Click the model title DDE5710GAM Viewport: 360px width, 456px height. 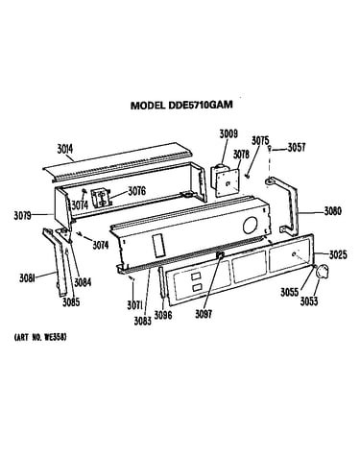click(181, 105)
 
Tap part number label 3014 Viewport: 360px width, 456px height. click(65, 149)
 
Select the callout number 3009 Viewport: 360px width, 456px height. click(228, 133)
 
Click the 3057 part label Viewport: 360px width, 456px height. click(297, 147)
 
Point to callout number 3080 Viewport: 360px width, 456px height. click(333, 211)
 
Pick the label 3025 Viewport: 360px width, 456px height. click(338, 254)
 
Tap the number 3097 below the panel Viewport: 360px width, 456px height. click(204, 314)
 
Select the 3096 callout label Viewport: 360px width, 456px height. click(163, 315)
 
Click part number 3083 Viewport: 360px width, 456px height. click(143, 321)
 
